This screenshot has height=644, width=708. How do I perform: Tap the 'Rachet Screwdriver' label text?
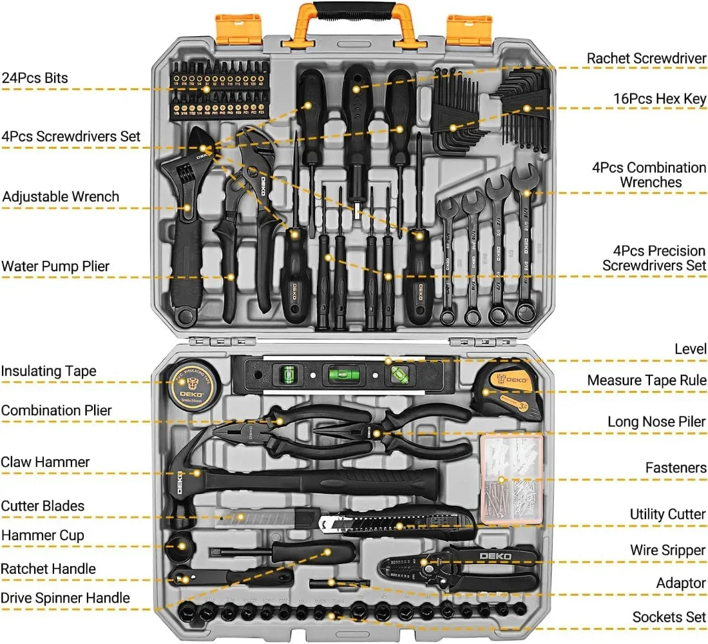pos(646,58)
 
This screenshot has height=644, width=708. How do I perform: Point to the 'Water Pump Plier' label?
pos(55,266)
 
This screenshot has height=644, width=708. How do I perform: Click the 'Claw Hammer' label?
pos(45,462)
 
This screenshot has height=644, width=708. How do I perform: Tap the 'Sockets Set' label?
pos(669,617)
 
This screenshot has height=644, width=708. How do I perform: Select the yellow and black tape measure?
pos(508,393)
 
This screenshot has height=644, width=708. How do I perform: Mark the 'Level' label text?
pos(690,348)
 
